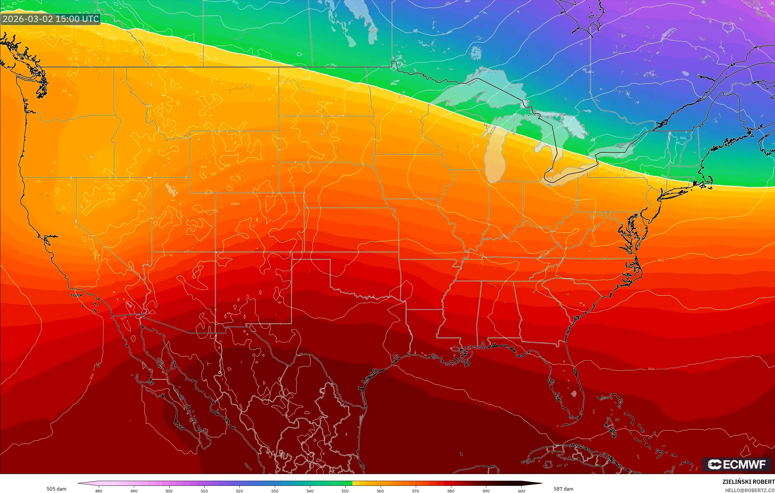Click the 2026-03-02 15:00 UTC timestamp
(x=50, y=19)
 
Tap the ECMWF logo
(x=737, y=464)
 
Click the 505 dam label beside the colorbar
(x=56, y=489)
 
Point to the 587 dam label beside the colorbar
(x=563, y=489)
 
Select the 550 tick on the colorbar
(x=345, y=491)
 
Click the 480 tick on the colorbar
(x=98, y=491)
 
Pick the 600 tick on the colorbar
(x=521, y=491)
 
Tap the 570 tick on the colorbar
(x=415, y=491)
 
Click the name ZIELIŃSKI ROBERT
(x=748, y=482)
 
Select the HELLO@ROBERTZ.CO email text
(x=750, y=490)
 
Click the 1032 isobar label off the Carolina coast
(x=660, y=260)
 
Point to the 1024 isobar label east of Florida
(x=651, y=369)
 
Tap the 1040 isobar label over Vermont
(x=683, y=138)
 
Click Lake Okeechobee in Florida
(x=573, y=393)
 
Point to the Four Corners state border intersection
(x=215, y=252)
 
